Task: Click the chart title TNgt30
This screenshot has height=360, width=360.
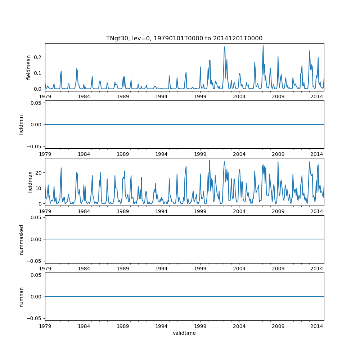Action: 184,38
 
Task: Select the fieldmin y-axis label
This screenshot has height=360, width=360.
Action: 21,125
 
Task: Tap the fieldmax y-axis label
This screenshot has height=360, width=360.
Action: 30,182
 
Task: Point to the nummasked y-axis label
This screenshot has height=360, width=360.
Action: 21,239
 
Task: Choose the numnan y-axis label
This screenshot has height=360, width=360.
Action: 21,297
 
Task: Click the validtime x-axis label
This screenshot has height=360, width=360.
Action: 184,333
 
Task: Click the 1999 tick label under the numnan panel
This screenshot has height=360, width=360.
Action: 200,326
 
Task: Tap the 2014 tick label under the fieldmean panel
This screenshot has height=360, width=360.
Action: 317,96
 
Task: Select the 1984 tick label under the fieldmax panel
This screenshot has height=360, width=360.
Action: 84,211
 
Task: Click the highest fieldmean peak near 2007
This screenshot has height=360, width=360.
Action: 263,46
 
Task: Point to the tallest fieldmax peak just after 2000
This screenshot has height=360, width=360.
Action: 209,160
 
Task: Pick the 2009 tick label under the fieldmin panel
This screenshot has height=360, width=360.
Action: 278,154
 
